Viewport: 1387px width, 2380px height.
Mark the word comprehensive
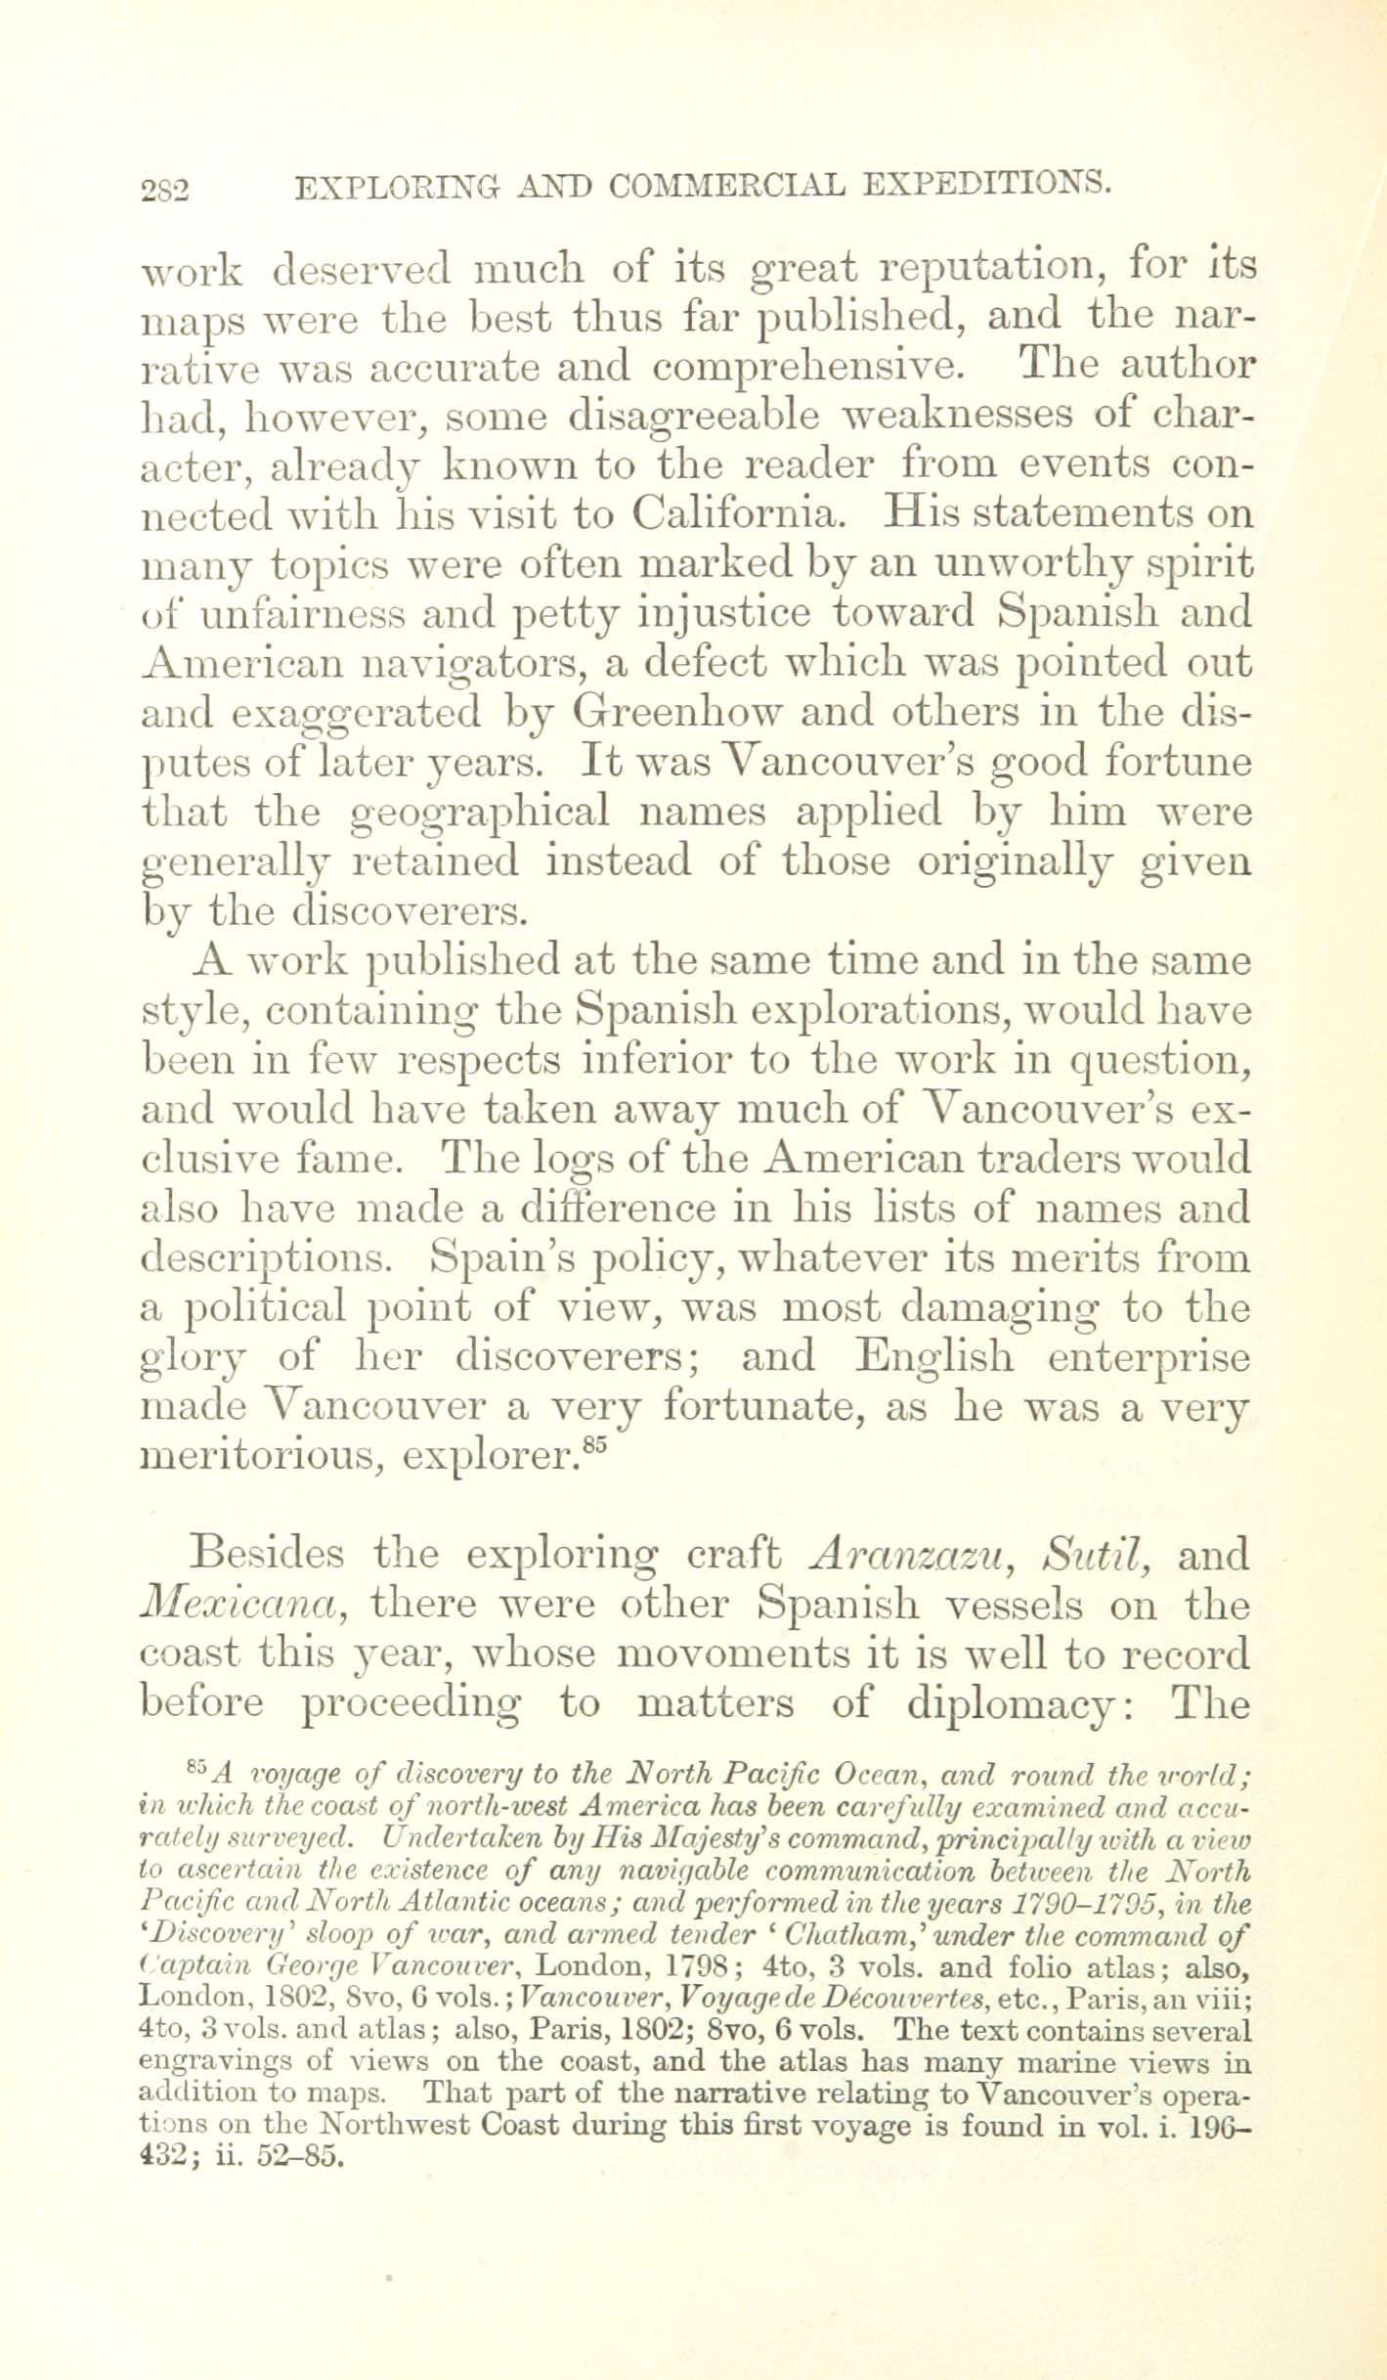coord(805,366)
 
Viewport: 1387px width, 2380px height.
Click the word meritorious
coord(256,1457)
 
